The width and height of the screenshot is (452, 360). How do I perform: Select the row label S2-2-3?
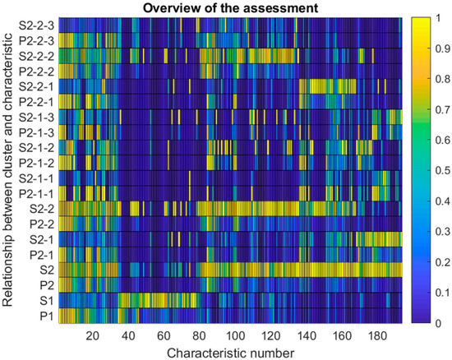(x=35, y=24)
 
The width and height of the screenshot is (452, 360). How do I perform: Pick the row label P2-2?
(x=42, y=224)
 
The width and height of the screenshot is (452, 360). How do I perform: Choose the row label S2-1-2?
(x=35, y=146)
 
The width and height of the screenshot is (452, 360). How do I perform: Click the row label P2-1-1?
(x=35, y=192)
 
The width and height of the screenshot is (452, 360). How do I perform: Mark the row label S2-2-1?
(x=35, y=85)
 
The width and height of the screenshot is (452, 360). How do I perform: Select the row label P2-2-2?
(x=35, y=70)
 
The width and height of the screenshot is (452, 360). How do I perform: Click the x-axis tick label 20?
(x=92, y=335)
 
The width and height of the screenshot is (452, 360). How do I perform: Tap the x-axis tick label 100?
(x=235, y=335)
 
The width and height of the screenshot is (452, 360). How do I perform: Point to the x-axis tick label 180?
(x=379, y=335)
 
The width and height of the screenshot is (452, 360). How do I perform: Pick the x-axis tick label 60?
(x=164, y=335)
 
